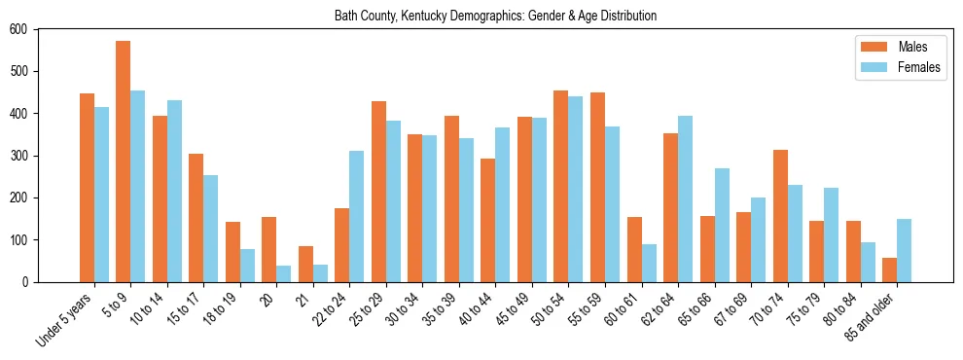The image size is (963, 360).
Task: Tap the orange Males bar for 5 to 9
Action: (x=124, y=162)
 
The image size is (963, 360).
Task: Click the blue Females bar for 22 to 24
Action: (x=357, y=216)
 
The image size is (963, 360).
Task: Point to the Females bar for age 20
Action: (x=284, y=273)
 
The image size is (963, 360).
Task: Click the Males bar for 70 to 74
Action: (x=780, y=216)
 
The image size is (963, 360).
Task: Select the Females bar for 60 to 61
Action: (x=649, y=263)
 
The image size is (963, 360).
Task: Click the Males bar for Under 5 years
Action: (x=87, y=188)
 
